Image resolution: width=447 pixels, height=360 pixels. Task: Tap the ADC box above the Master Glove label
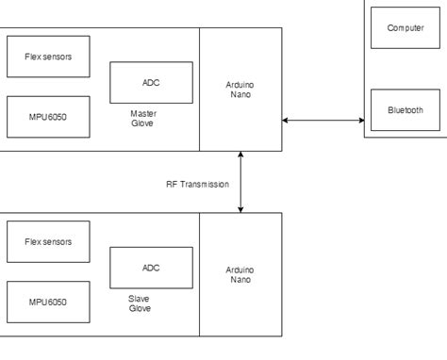pos(151,83)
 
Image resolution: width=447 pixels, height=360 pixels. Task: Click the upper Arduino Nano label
pos(240,90)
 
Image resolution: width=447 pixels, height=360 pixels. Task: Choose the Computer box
pos(405,28)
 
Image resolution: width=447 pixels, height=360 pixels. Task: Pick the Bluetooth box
pos(405,110)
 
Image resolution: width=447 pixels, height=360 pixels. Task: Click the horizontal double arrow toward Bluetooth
pos(323,120)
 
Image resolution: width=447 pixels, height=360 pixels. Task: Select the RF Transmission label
pos(196,184)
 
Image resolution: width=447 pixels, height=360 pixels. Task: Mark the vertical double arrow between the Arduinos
pos(241,181)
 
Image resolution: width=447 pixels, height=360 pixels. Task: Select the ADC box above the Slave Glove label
pos(151,268)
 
